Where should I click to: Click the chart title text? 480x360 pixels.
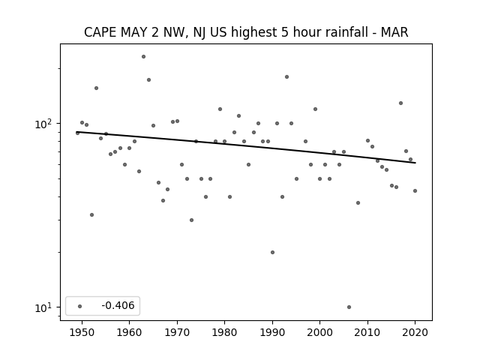246,32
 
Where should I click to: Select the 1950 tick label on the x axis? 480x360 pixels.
82,332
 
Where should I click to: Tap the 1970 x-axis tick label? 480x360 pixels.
177,332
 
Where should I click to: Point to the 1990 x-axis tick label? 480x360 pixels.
272,332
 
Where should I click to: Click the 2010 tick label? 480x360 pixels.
367,332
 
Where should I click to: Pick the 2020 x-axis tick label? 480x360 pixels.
415,332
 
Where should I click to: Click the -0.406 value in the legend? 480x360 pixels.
118,305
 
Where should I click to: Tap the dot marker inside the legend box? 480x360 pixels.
80,306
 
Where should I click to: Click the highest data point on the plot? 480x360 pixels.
143,57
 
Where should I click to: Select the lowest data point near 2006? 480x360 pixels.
349,307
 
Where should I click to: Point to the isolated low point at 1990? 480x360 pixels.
272,252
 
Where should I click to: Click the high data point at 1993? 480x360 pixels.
286,76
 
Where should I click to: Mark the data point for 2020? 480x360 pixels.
415,190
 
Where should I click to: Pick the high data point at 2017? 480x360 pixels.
400,103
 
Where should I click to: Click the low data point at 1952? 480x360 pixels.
91,215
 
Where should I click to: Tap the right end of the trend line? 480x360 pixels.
415,163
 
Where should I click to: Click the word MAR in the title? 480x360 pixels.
394,32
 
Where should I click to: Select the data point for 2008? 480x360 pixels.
358,202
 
